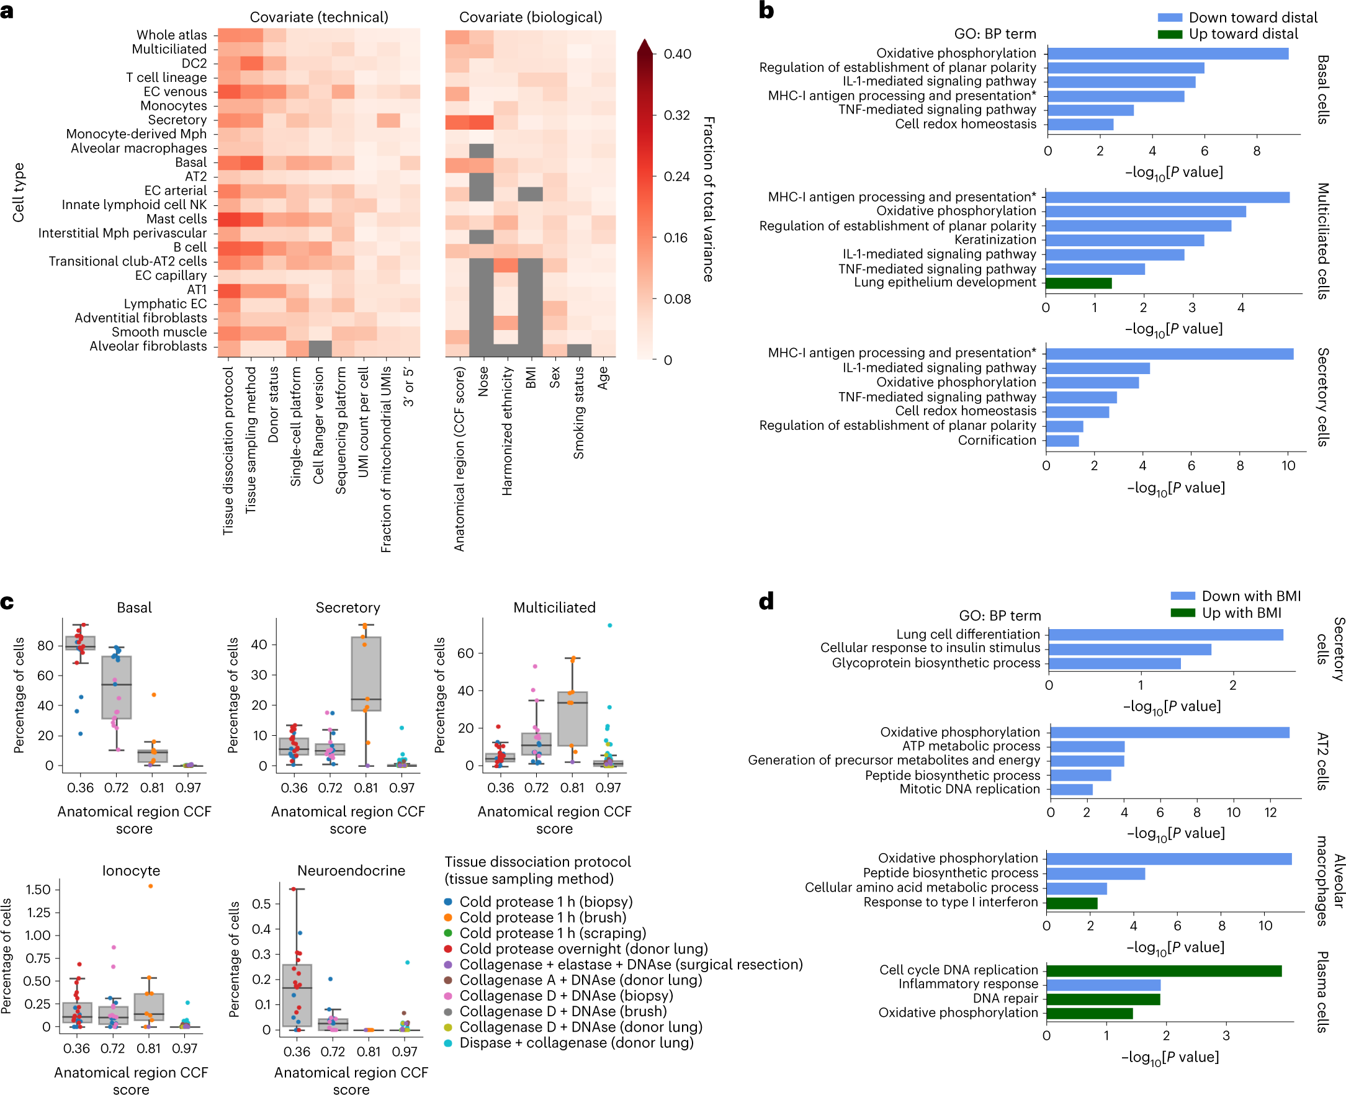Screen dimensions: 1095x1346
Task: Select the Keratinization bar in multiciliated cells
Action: coord(1124,240)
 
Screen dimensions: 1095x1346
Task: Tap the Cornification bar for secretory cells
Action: coord(1062,440)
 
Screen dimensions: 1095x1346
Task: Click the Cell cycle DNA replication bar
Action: coord(1163,970)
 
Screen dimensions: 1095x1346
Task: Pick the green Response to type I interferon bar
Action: coord(1072,903)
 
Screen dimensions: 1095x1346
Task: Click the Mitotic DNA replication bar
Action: coord(1071,789)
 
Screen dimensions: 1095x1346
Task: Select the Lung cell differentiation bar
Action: coord(1165,635)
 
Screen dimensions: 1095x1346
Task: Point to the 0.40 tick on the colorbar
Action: coord(676,54)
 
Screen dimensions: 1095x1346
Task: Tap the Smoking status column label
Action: coord(578,413)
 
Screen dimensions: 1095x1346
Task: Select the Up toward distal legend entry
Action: coord(1242,34)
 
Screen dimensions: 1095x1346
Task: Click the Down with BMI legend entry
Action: coord(1250,596)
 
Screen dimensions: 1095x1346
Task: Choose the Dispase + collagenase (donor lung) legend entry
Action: coord(575,1043)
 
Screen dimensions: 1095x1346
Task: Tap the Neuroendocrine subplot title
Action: coord(351,870)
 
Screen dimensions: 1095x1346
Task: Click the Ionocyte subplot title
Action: coord(132,870)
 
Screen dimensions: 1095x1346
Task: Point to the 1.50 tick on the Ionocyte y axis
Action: coord(38,890)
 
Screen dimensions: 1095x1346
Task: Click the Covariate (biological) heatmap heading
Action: coord(530,17)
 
